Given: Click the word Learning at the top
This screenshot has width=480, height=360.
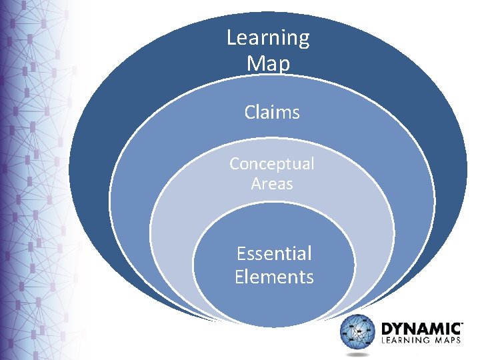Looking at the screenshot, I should (x=268, y=38).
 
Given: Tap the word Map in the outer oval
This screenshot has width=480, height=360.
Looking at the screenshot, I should (x=268, y=63).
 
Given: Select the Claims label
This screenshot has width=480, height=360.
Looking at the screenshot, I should (x=272, y=113).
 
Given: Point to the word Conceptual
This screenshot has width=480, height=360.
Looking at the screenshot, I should (x=271, y=164).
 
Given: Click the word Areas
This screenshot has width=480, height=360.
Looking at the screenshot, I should (x=272, y=184).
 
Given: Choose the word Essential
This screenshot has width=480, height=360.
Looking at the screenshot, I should (x=274, y=253).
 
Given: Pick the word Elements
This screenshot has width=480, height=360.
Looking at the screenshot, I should (x=274, y=277).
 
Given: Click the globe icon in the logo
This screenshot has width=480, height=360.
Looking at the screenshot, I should (x=359, y=335).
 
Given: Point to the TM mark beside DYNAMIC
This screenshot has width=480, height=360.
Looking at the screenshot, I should (x=462, y=323).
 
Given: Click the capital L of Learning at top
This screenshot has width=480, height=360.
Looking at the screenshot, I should (x=231, y=37).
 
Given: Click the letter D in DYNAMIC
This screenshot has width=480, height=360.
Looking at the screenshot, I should (x=386, y=329).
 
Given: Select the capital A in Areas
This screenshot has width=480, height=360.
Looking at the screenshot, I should (x=257, y=184).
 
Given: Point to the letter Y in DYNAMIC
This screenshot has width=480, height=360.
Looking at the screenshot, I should (x=399, y=329).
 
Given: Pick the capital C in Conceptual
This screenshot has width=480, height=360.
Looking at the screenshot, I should (x=235, y=164).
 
